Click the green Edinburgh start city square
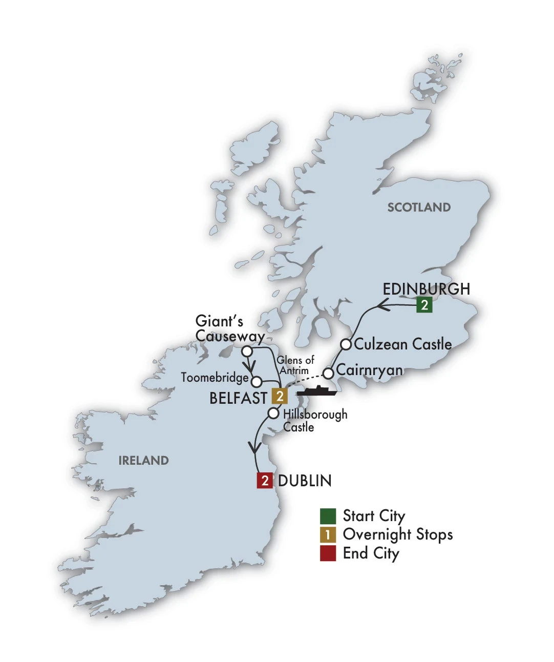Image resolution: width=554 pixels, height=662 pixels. pos(424,305)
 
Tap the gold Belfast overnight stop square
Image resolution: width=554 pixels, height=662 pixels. pos(280,396)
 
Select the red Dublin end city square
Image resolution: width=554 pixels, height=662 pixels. pos(265,480)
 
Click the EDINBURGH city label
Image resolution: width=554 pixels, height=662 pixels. pos(426,289)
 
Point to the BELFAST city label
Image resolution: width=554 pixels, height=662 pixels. pos(238,398)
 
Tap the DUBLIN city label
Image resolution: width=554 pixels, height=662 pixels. pos(305,481)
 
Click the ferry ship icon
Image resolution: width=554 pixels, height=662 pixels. pos(317,390)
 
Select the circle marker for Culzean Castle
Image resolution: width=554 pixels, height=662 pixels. pos(346,344)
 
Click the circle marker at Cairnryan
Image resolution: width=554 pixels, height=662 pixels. pos(328,373)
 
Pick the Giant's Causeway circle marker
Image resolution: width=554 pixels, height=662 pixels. pos(247,351)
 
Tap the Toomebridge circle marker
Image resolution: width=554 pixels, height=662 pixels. pos(257,382)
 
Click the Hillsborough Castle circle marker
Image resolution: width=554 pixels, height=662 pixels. pos(274,413)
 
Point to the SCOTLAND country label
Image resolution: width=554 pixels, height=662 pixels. pos(419,208)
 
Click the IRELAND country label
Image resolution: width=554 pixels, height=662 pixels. pos(143,461)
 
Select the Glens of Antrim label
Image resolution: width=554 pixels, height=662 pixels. pos(295,365)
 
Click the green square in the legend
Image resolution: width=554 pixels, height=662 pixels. pos(328,516)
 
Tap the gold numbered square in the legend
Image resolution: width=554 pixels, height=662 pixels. pos(328,535)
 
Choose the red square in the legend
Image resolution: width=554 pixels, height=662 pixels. pos(328,553)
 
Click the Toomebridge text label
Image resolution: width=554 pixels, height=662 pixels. pos(215,378)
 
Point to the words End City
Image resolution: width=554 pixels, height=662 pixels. pos(371,554)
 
